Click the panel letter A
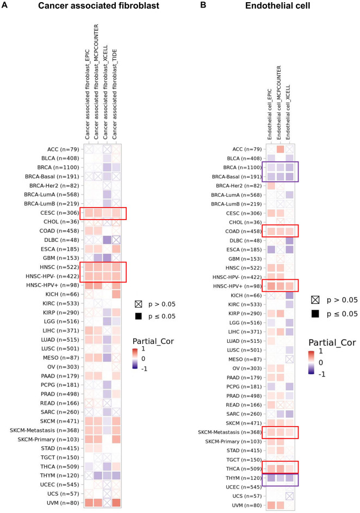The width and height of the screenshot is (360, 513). click(5, 5)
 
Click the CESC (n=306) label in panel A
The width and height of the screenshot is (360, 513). click(57, 213)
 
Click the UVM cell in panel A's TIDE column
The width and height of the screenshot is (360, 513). click(115, 502)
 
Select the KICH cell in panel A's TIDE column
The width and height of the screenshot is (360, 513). click(115, 294)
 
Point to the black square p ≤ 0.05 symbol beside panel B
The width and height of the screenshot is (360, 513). click(315, 314)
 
